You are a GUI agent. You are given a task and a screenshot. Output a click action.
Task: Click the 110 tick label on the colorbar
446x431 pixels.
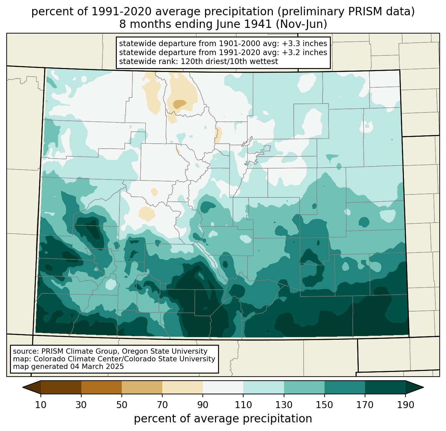coord(243,405)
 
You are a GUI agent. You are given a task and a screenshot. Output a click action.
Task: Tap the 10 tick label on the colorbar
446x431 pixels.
coord(40,405)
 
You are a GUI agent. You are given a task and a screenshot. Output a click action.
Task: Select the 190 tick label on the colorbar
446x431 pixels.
coord(406,405)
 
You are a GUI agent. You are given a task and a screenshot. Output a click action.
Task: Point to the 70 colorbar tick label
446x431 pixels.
coord(162,405)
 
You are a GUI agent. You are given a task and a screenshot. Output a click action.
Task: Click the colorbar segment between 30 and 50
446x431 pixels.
coord(101,387)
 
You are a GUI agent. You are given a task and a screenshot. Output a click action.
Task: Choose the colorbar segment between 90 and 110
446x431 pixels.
coord(223,387)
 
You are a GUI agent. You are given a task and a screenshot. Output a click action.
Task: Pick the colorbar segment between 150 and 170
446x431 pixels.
coord(345,387)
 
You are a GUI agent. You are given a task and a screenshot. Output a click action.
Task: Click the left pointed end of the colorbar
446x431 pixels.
coord(23,387)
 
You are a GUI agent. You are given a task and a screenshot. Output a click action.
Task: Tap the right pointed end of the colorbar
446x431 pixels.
coord(423,387)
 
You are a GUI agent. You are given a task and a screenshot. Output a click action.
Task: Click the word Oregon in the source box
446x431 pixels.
coord(135,351)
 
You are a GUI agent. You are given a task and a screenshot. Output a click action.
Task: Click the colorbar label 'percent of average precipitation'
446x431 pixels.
coord(223,418)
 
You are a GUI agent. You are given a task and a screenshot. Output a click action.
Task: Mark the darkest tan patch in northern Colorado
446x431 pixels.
coord(180,104)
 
